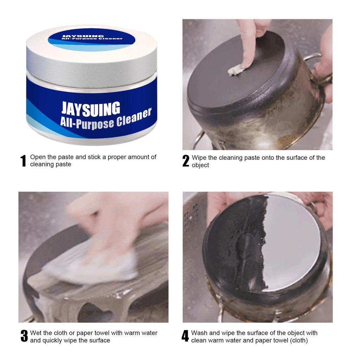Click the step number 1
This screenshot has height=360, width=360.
tap(23, 161)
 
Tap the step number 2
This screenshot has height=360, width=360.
tap(186, 161)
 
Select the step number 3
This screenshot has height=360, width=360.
tap(24, 336)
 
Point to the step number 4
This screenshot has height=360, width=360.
tap(185, 336)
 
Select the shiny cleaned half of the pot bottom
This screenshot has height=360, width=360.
tap(294, 243)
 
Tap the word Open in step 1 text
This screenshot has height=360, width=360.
tap(37, 157)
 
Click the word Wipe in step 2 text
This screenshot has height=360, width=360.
tap(199, 157)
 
